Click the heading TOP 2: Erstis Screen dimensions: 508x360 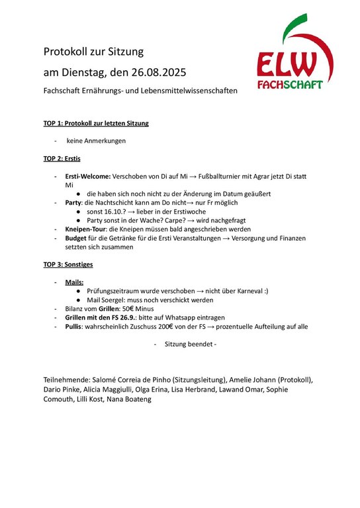pyautogui.click(x=62, y=159)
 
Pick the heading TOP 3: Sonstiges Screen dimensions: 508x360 pyautogui.click(x=68, y=265)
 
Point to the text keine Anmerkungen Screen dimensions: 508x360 pyautogui.click(x=96, y=141)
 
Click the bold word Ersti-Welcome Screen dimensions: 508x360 pyautogui.click(x=87, y=177)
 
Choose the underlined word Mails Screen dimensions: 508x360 pyautogui.click(x=74, y=282)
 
